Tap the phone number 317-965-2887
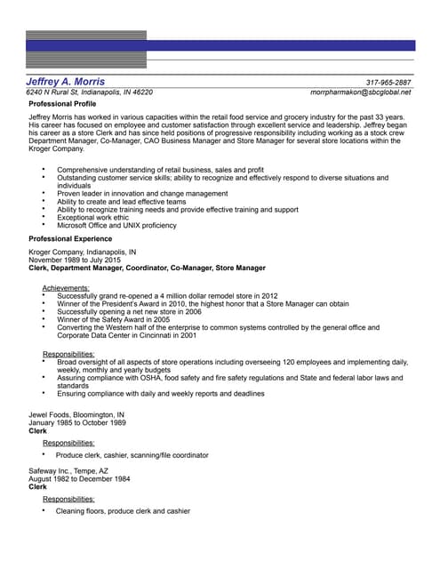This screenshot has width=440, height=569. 388,82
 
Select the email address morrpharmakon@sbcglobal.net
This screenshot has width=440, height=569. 361,92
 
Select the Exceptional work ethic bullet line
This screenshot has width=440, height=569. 92,217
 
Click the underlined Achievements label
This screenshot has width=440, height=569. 66,288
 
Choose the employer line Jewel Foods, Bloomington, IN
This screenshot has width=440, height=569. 76,414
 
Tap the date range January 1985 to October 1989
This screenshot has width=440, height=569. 77,422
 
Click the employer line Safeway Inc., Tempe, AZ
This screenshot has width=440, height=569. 68,471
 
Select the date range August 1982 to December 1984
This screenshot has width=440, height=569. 79,479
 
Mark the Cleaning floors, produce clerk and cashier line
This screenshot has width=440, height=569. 123,511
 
